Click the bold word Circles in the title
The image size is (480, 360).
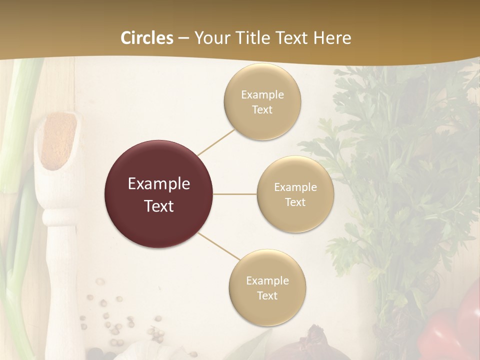(x=146, y=38)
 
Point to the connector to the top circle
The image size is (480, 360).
(x=216, y=141)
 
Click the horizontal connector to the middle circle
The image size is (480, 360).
(x=235, y=194)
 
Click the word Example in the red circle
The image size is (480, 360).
(x=159, y=184)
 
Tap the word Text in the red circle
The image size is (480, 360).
(x=159, y=206)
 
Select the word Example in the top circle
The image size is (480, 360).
(x=262, y=95)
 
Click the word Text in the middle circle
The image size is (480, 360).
(x=295, y=202)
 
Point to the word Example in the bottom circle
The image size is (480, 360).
(x=267, y=281)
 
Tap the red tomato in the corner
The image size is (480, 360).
(x=450, y=325)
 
